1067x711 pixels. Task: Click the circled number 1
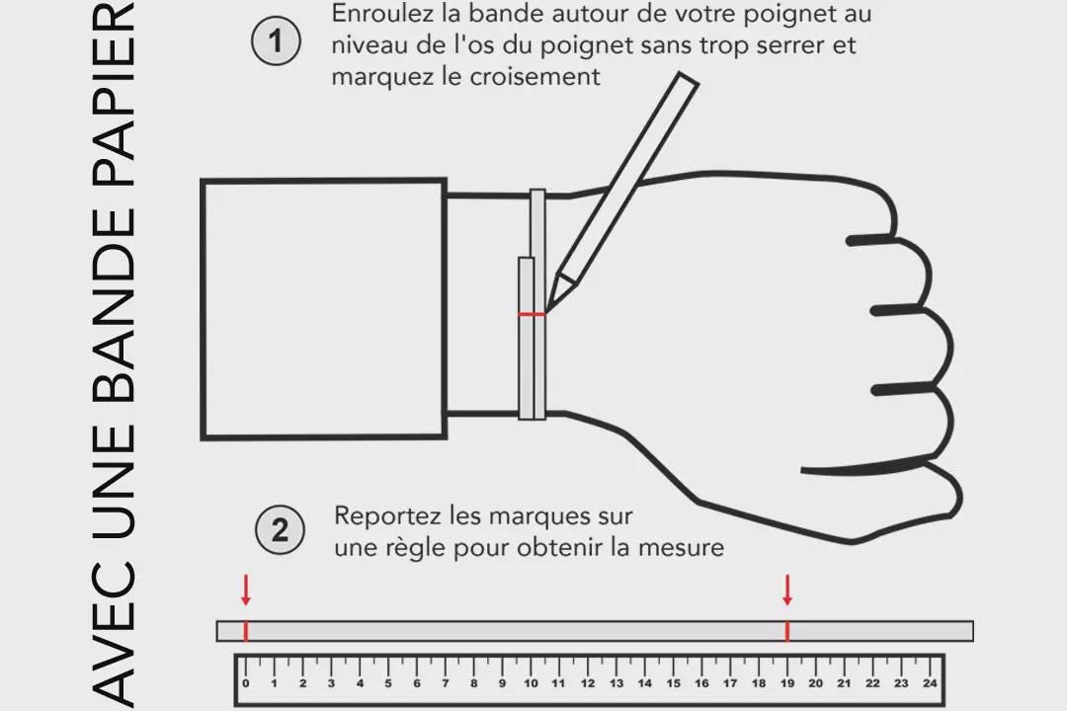click(x=276, y=41)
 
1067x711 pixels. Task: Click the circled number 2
click(x=280, y=531)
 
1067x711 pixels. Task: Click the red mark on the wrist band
click(x=532, y=314)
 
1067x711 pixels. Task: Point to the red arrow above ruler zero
click(x=245, y=591)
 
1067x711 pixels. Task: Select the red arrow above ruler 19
click(x=787, y=591)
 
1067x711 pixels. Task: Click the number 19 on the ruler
click(x=787, y=682)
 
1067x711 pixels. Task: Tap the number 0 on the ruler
click(x=246, y=682)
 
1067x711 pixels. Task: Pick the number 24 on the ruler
click(x=930, y=682)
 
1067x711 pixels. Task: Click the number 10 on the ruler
click(x=531, y=682)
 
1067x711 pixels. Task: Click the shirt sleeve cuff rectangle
click(x=323, y=308)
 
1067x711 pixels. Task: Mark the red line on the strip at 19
click(x=787, y=631)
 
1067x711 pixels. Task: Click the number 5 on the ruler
click(x=388, y=682)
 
